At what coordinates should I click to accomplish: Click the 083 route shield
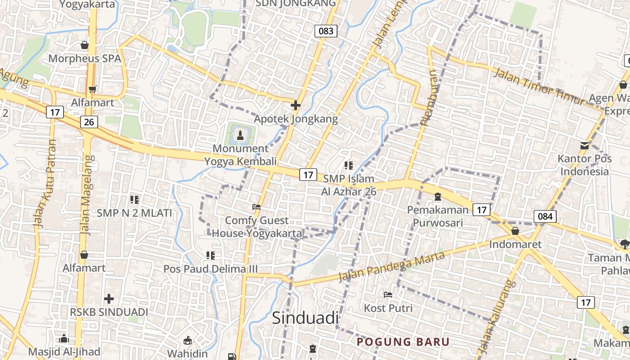[325, 31]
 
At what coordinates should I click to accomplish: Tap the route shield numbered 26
[89, 121]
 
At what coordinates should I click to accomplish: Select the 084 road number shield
[545, 216]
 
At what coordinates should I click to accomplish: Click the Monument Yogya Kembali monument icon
[240, 134]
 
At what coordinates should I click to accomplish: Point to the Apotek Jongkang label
[296, 119]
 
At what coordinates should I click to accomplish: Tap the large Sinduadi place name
[305, 318]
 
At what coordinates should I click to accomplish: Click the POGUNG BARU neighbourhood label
[403, 342]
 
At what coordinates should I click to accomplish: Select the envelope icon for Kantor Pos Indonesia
[584, 145]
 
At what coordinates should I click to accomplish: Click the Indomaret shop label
[515, 244]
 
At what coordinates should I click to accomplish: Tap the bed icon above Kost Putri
[388, 295]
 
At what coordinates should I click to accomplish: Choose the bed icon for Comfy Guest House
[256, 207]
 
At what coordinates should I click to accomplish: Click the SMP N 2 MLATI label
[135, 213]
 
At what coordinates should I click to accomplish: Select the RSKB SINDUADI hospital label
[109, 312]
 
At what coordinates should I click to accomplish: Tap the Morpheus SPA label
[85, 58]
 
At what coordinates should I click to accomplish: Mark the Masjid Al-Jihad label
[64, 351]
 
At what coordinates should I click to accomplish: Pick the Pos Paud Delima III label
[211, 269]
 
